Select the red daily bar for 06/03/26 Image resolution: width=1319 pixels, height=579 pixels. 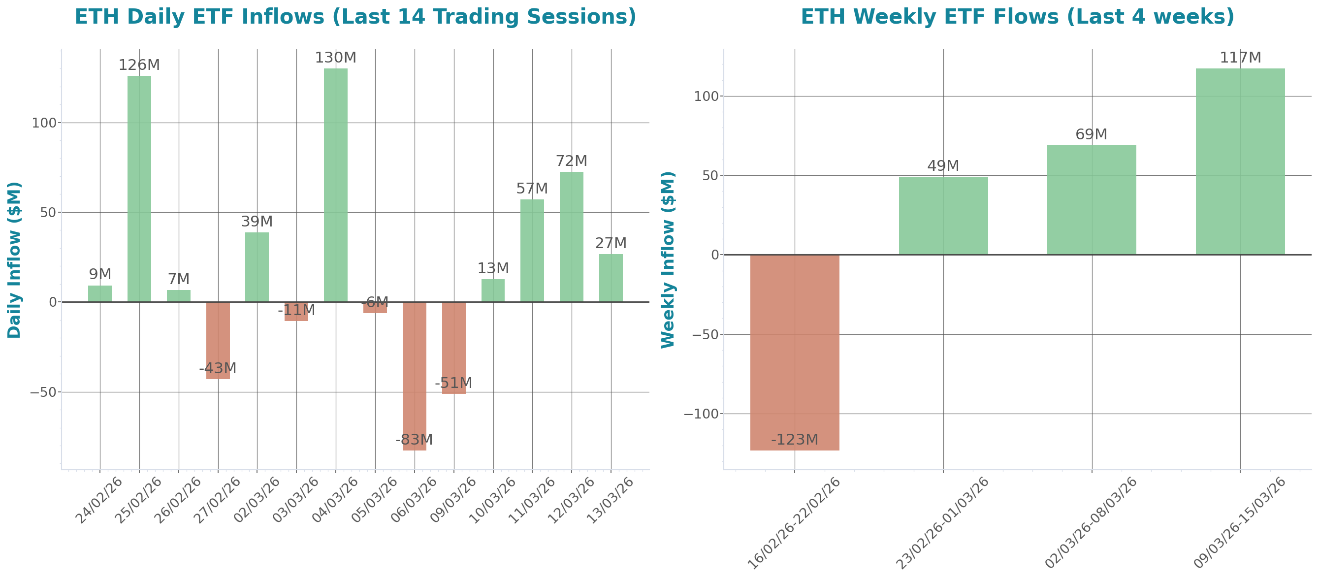414,376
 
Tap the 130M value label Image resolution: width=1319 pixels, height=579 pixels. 335,58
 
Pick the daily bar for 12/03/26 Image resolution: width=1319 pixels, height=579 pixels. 572,236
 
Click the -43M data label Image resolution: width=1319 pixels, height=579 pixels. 218,369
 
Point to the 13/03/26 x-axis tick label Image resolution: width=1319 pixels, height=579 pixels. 610,500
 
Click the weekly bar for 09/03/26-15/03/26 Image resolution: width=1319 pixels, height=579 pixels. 1240,161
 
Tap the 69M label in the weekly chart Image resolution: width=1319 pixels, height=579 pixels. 1091,134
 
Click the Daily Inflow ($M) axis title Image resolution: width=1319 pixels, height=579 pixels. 14,259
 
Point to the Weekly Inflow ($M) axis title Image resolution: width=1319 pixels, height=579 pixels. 668,259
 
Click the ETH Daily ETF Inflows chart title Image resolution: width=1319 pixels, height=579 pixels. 355,17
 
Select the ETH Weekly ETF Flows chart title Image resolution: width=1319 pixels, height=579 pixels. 1017,17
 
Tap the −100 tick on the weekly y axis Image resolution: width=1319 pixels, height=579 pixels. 700,414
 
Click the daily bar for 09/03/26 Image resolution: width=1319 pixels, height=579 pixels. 453,348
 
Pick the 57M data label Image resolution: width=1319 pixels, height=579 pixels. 532,189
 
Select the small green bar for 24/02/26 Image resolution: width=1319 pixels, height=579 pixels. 100,294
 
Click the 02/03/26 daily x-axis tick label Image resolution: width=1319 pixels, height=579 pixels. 256,500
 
